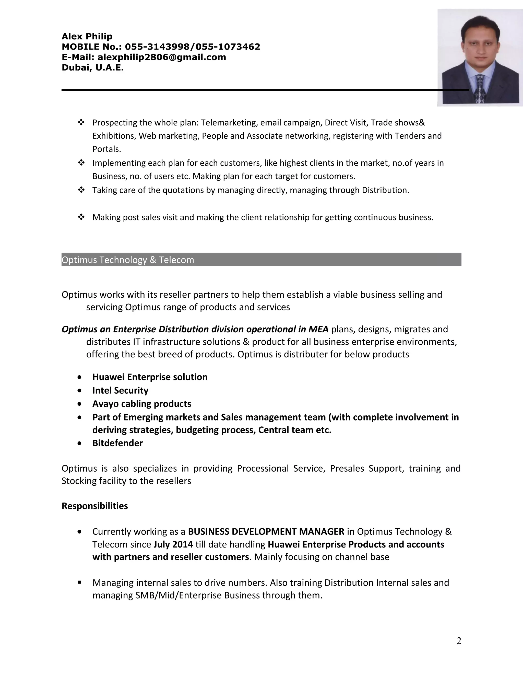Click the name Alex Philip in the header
[x=87, y=37]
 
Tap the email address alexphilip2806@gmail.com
[x=161, y=57]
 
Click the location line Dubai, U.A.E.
[x=93, y=68]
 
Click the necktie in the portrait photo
[x=479, y=90]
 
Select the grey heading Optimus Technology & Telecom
[x=128, y=260]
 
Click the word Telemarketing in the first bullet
[x=229, y=123]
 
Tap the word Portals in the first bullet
[x=106, y=149]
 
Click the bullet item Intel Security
[x=120, y=390]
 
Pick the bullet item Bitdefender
[x=117, y=443]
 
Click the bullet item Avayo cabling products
[x=141, y=404]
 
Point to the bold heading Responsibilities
[x=94, y=506]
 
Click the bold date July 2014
[x=173, y=544]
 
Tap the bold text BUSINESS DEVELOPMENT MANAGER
[x=266, y=532]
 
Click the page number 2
[x=459, y=641]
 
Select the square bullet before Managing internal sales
[x=80, y=582]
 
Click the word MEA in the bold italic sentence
[x=318, y=329]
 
